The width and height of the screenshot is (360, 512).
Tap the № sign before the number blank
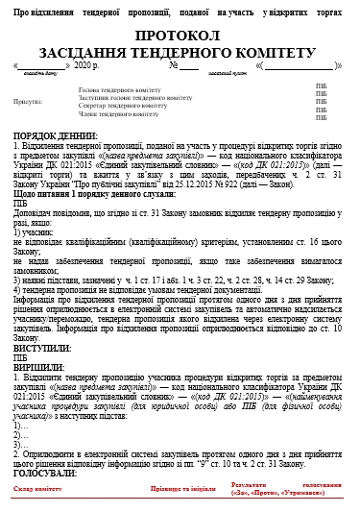[174, 65]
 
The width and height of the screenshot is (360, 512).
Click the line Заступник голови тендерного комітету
[134, 97]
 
